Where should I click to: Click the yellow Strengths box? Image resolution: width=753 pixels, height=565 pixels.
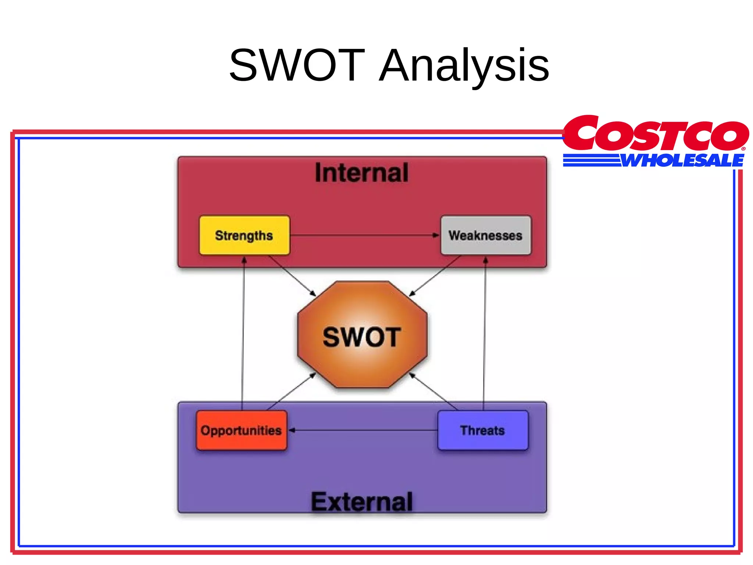[244, 235]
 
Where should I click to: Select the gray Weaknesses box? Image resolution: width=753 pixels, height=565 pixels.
[486, 235]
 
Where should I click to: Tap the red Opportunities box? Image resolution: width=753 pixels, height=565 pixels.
[241, 430]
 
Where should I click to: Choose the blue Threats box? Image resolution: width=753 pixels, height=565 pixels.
[483, 430]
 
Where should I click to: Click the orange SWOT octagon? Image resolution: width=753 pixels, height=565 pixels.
[362, 335]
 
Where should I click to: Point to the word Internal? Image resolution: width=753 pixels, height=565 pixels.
[362, 173]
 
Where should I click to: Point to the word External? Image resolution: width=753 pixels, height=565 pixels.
[362, 502]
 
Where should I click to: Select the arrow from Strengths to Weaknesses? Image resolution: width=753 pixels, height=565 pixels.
[364, 235]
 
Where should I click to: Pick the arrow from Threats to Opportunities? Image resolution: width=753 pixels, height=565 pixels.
[364, 430]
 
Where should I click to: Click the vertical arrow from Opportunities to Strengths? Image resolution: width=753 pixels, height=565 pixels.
[243, 331]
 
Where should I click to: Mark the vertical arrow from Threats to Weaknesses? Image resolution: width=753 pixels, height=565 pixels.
[485, 331]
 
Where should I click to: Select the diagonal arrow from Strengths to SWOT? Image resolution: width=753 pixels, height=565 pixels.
[292, 276]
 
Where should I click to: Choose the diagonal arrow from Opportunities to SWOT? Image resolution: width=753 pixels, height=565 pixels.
[290, 392]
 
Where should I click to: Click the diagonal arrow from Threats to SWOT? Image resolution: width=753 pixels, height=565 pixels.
[434, 391]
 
